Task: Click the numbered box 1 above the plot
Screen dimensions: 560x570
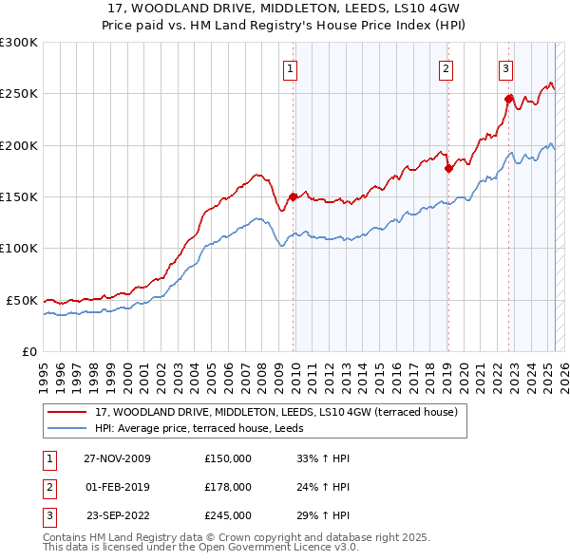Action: pos(289,67)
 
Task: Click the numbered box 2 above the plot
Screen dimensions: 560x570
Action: pos(445,67)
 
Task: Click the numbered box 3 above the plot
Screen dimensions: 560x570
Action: pos(505,67)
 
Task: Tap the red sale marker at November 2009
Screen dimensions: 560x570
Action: pos(294,196)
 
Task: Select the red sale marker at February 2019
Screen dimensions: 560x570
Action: pos(447,168)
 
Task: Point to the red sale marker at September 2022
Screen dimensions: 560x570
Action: pos(509,98)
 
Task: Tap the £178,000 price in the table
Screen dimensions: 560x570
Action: pos(228,487)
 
